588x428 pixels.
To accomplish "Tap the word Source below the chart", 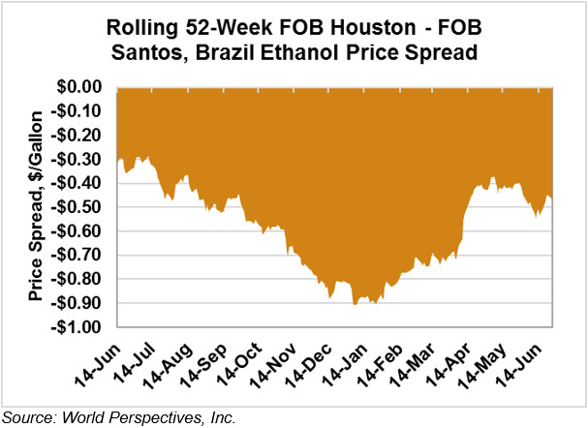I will (25, 417).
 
